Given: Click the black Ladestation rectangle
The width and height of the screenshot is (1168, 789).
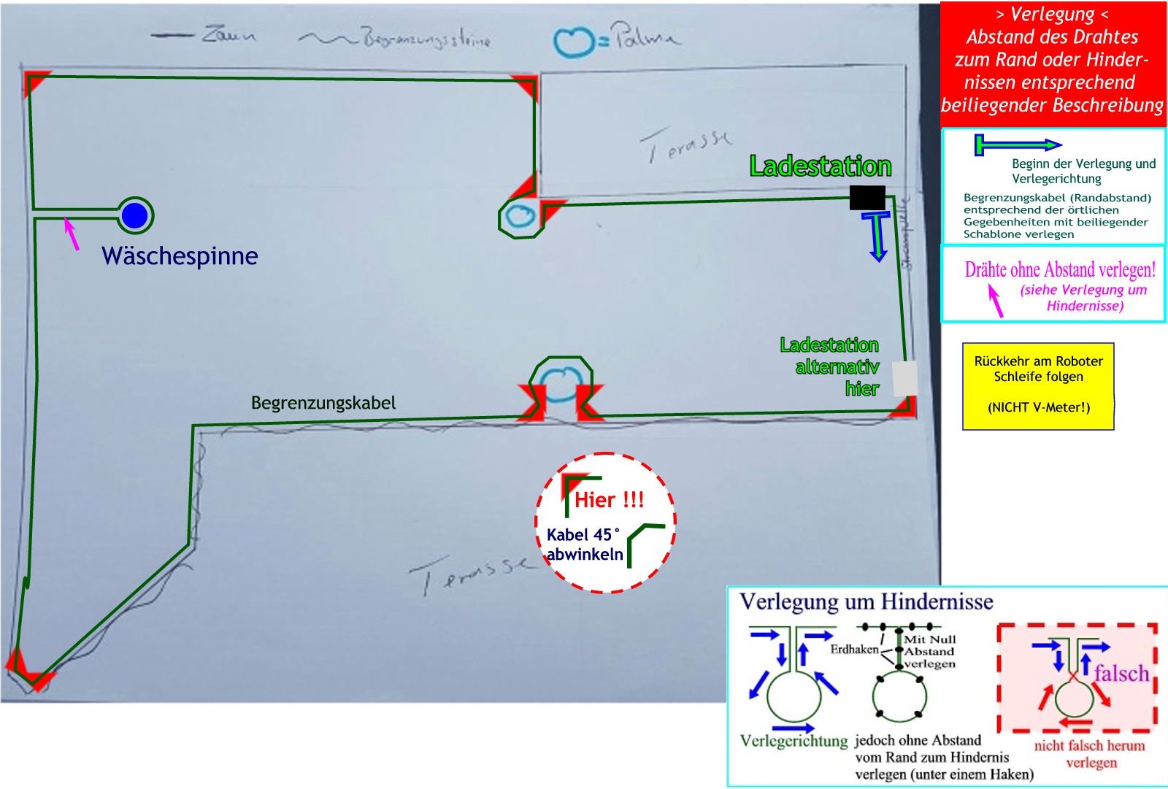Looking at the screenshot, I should pyautogui.click(x=867, y=197).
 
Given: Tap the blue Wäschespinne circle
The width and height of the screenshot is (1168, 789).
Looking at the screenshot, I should pyautogui.click(x=135, y=215).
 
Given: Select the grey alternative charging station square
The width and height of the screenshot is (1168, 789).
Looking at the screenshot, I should pyautogui.click(x=905, y=379).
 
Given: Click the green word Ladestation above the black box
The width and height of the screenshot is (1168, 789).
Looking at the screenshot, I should pyautogui.click(x=821, y=166).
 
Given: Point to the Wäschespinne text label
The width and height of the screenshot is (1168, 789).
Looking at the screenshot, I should pyautogui.click(x=180, y=255).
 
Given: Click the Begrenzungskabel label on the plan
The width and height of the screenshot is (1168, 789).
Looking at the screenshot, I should pyautogui.click(x=323, y=403).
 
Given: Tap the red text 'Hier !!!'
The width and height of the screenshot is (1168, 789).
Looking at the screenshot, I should pyautogui.click(x=610, y=501).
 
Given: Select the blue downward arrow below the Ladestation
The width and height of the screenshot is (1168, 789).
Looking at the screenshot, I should pyautogui.click(x=877, y=236).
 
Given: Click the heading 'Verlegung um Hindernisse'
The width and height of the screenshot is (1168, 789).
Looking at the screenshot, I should pyautogui.click(x=867, y=602).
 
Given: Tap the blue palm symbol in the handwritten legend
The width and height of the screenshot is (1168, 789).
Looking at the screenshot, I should pyautogui.click(x=574, y=42).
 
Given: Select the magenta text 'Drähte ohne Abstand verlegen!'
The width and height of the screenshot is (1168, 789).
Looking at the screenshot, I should pyautogui.click(x=1060, y=270).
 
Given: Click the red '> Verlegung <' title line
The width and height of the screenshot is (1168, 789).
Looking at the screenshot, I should pyautogui.click(x=1053, y=15).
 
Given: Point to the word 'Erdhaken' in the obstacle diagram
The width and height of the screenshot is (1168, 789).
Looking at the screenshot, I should pyautogui.click(x=854, y=650).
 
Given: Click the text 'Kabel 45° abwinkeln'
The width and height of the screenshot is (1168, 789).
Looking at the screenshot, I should pyautogui.click(x=585, y=544).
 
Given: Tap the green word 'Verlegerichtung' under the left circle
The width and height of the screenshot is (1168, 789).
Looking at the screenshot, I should pyautogui.click(x=794, y=742).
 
